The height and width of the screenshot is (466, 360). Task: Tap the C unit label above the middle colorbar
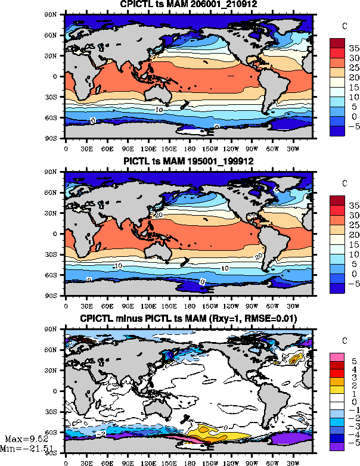(345, 183)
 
